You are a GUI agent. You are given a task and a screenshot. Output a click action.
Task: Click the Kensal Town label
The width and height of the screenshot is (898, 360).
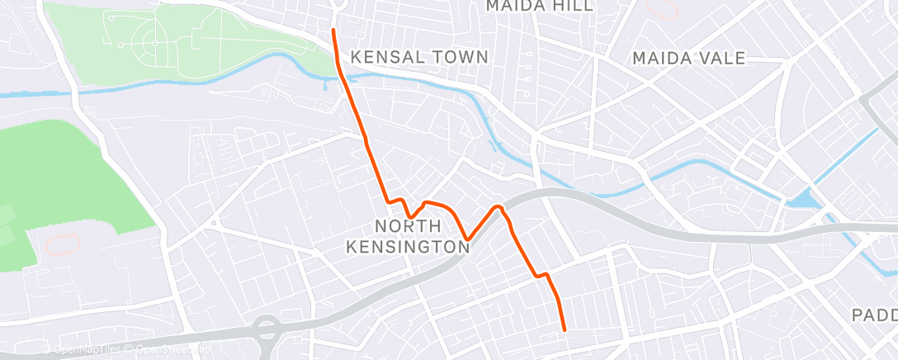[419, 57]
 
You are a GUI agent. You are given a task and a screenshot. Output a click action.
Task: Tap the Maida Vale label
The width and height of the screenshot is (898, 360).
[688, 58]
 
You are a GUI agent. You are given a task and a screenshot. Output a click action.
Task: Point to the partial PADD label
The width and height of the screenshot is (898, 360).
[874, 315]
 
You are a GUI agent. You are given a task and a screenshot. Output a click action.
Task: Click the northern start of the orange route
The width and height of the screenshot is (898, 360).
[333, 31]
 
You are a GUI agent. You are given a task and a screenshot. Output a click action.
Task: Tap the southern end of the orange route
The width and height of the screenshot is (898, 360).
[565, 330]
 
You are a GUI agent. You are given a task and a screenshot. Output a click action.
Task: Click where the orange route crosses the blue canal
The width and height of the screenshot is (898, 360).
[342, 78]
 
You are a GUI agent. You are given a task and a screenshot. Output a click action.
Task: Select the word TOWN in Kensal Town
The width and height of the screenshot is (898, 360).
[458, 57]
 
